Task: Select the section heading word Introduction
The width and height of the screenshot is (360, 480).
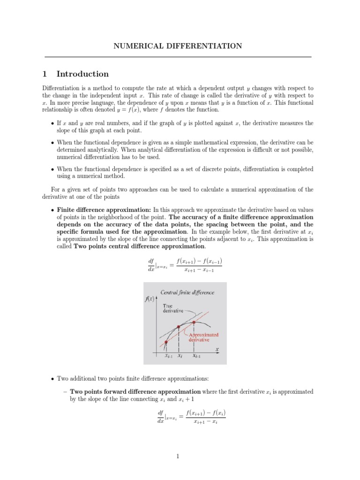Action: [x=82, y=74]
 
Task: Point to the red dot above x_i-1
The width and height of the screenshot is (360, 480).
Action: [x=166, y=343]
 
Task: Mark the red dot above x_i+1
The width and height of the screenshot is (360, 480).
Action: [x=194, y=322]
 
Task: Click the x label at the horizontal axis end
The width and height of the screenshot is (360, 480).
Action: [x=217, y=349]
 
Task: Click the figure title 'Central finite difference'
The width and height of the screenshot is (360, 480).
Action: [x=187, y=292]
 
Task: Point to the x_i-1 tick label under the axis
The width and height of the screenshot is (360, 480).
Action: [x=168, y=356]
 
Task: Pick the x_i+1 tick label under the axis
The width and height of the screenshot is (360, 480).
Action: [x=196, y=356]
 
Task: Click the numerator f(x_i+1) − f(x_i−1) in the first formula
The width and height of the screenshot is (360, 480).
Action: [x=200, y=261]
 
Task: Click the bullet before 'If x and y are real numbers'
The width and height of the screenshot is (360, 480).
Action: [x=52, y=123]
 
